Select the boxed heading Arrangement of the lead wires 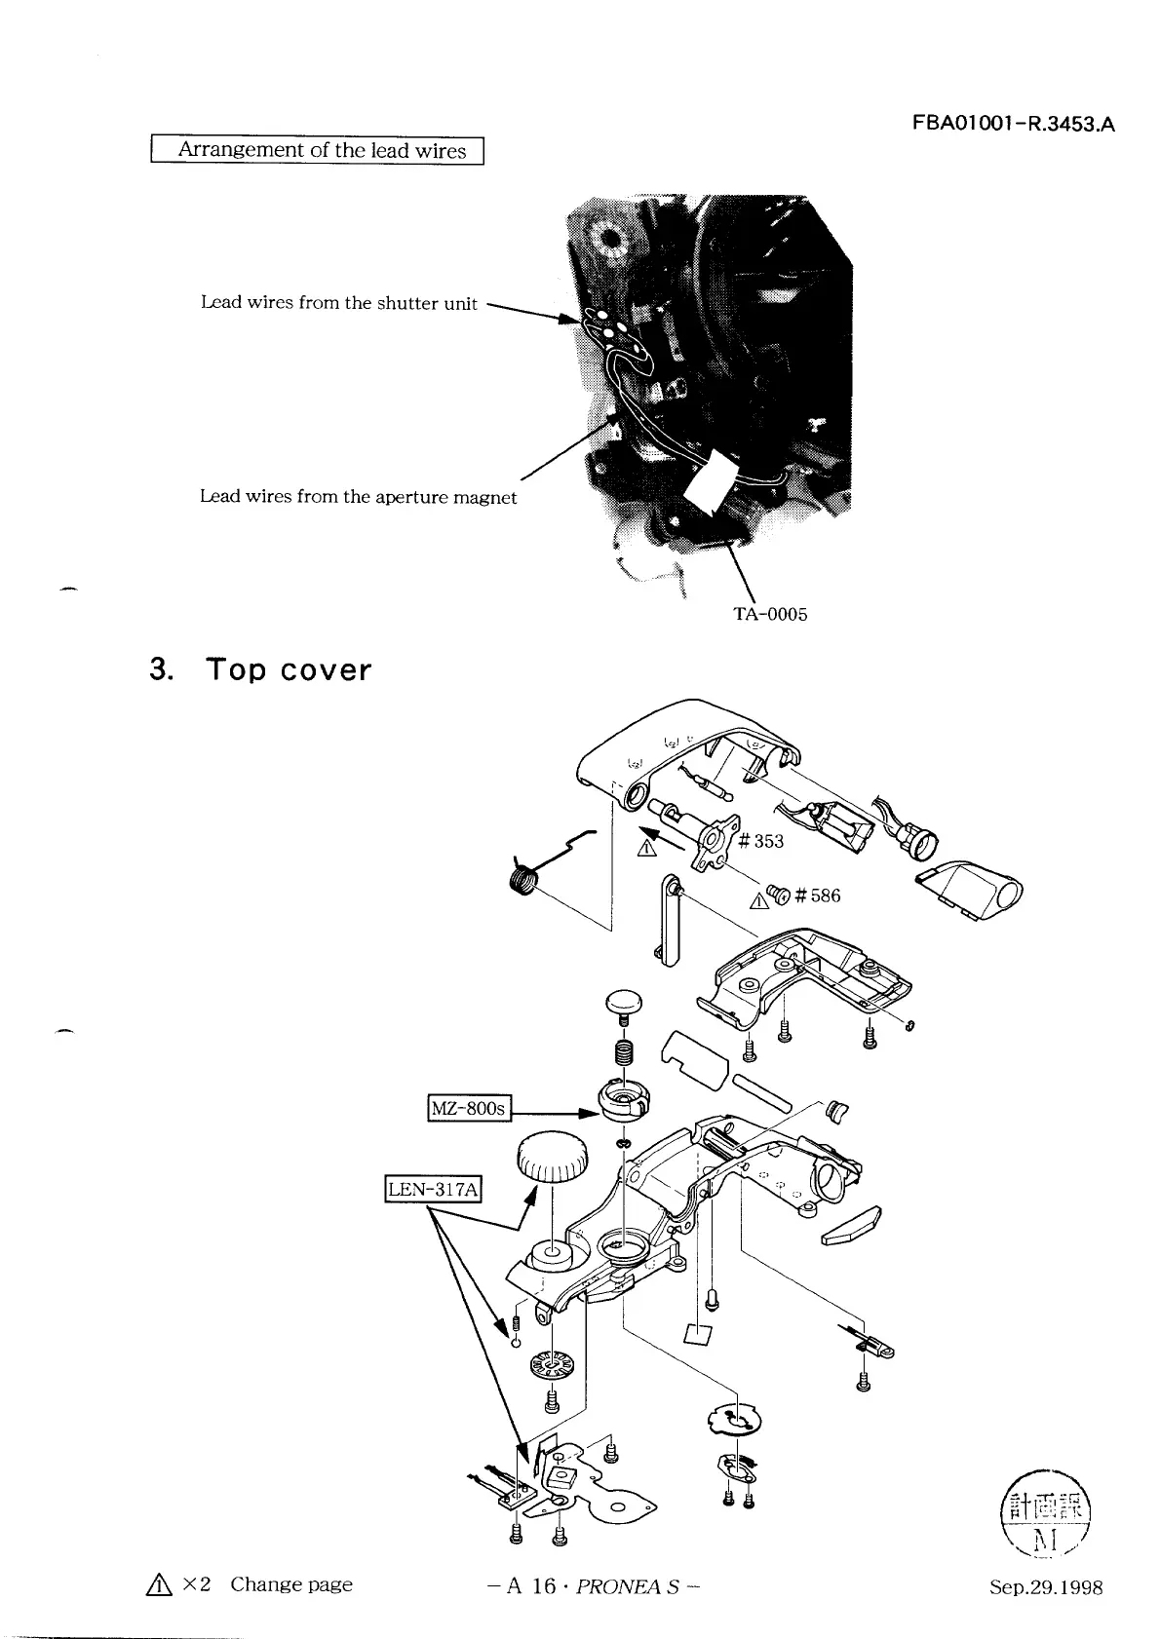pyautogui.click(x=318, y=151)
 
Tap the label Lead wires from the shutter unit pyautogui.click(x=338, y=303)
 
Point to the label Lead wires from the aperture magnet pyautogui.click(x=358, y=497)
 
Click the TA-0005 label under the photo pyautogui.click(x=769, y=614)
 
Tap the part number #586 pyautogui.click(x=817, y=896)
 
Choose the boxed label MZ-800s pyautogui.click(x=470, y=1108)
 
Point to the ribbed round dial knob pyautogui.click(x=552, y=1158)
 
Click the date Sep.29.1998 pyautogui.click(x=1046, y=1587)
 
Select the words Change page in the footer pyautogui.click(x=290, y=1584)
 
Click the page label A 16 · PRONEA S pyautogui.click(x=593, y=1586)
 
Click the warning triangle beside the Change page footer pyautogui.click(x=160, y=1585)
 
